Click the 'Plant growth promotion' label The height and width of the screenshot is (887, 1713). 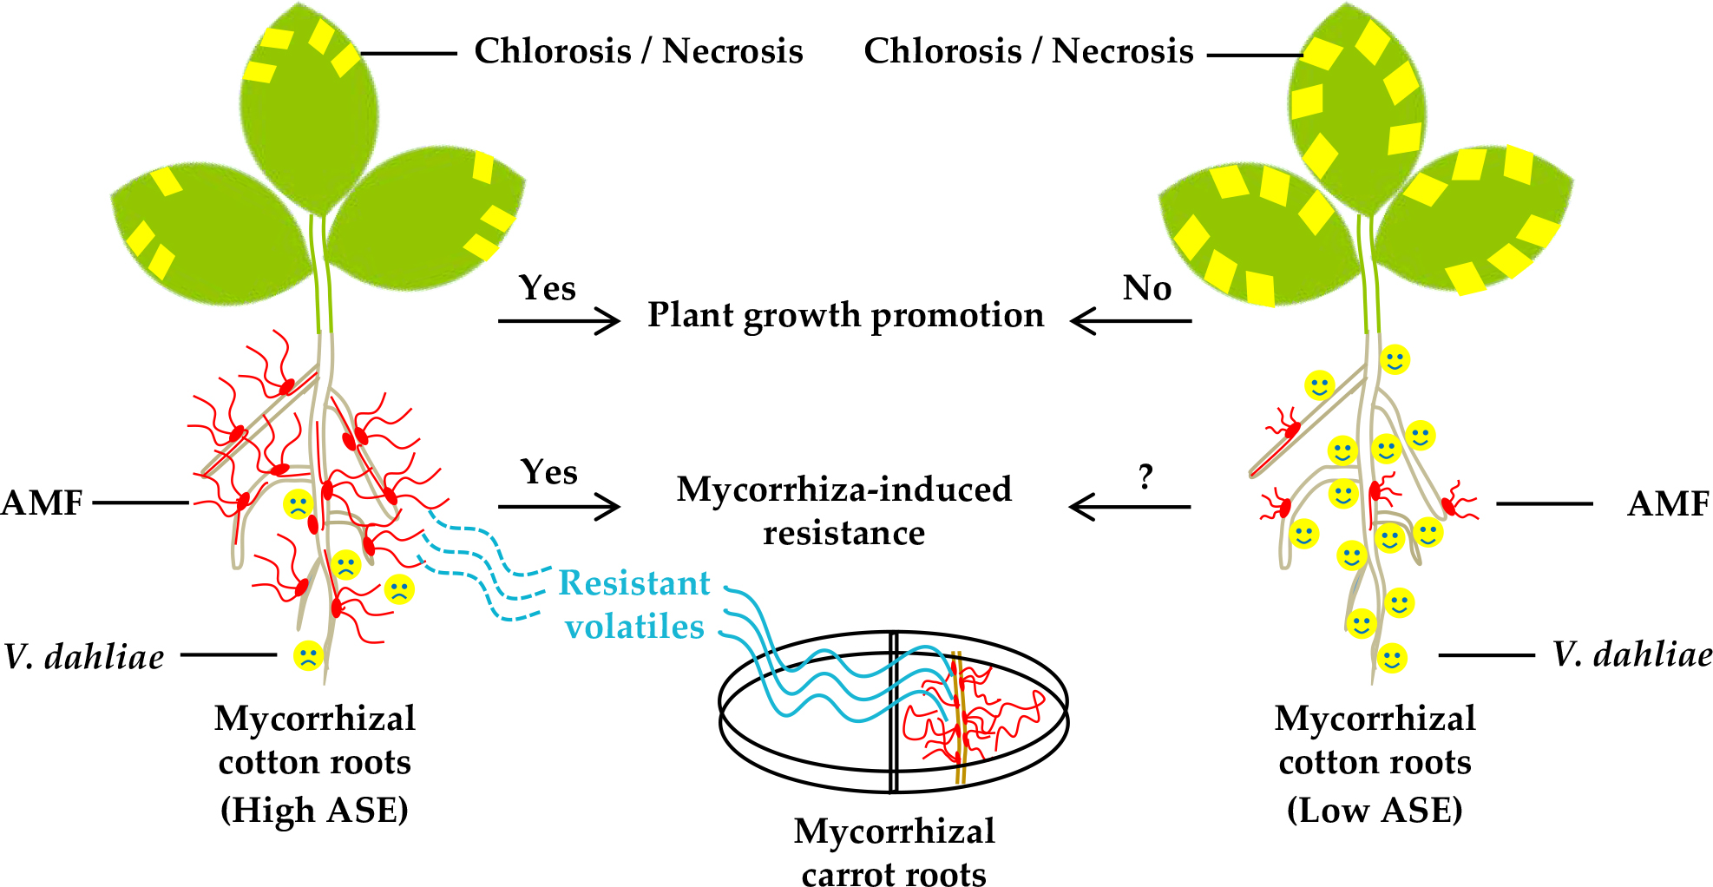click(845, 316)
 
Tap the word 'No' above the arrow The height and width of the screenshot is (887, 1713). click(1146, 288)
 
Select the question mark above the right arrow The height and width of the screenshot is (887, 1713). click(1145, 476)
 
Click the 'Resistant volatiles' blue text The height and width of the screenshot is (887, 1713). click(634, 605)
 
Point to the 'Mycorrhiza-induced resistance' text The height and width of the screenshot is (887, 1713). click(843, 510)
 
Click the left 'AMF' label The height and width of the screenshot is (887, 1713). click(42, 503)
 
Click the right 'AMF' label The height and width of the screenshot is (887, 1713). click(1667, 503)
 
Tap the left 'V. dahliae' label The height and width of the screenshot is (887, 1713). click(84, 657)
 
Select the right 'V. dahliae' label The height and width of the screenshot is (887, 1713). click(1631, 654)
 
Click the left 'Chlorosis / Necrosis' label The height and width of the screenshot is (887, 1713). click(638, 51)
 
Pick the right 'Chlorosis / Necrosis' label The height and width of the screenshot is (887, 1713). click(1028, 51)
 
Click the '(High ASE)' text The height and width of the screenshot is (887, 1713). click(314, 810)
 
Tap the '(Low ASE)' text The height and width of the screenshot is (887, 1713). click(1375, 810)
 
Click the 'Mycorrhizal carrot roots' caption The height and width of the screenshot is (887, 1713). click(894, 851)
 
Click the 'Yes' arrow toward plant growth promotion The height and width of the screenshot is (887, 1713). click(559, 321)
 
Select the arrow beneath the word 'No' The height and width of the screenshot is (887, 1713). click(1131, 321)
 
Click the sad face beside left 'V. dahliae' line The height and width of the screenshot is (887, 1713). click(308, 655)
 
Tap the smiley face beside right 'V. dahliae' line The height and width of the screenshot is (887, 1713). click(1391, 658)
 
